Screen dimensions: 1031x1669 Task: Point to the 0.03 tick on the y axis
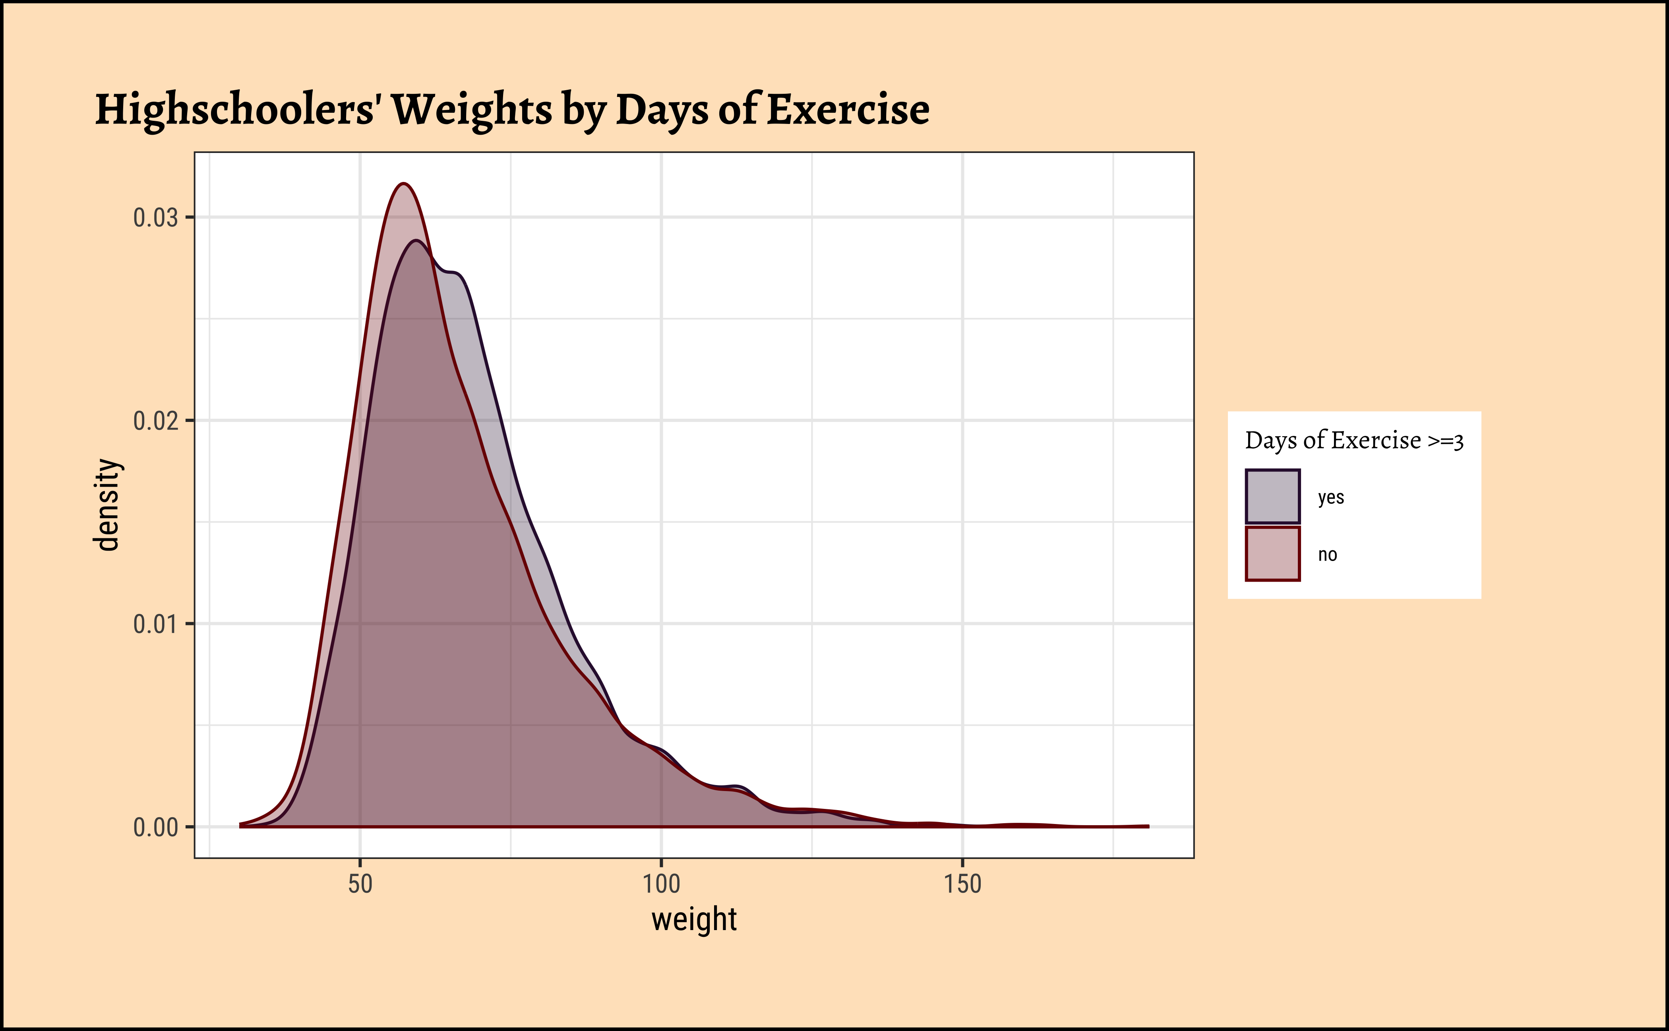[155, 218]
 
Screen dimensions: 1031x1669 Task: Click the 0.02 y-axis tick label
[155, 421]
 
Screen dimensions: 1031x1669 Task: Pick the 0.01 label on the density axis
[155, 624]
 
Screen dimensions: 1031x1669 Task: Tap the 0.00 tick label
[155, 827]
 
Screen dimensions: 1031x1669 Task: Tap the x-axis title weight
[694, 919]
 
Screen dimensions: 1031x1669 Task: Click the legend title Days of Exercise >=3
[1354, 441]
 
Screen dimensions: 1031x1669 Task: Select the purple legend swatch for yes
[1272, 496]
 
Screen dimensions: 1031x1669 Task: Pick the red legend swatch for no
[1272, 554]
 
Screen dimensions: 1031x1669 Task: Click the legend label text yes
[1331, 497]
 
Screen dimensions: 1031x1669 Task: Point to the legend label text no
[1327, 554]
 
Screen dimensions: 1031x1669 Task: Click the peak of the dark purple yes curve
[415, 241]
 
